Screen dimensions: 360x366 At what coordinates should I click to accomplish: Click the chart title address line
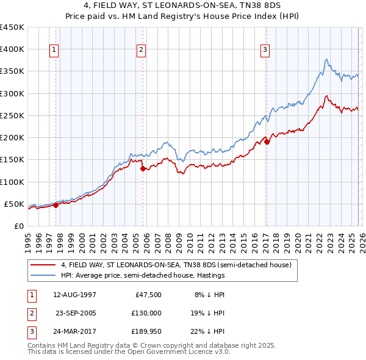[x=183, y=6]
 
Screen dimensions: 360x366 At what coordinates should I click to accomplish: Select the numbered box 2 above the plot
[x=142, y=51]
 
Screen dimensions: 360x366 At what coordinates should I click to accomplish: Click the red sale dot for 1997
[x=56, y=205]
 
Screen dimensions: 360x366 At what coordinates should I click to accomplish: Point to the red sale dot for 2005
[x=143, y=169]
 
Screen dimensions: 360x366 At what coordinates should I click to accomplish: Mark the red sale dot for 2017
[x=267, y=142]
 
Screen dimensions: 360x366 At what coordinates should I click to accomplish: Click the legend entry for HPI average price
[x=143, y=276]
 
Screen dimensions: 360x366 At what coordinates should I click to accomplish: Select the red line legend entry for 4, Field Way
[x=176, y=265]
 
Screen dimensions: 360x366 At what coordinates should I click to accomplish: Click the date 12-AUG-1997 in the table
[x=75, y=294]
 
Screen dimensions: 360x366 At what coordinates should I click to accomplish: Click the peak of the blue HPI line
[x=327, y=59]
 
